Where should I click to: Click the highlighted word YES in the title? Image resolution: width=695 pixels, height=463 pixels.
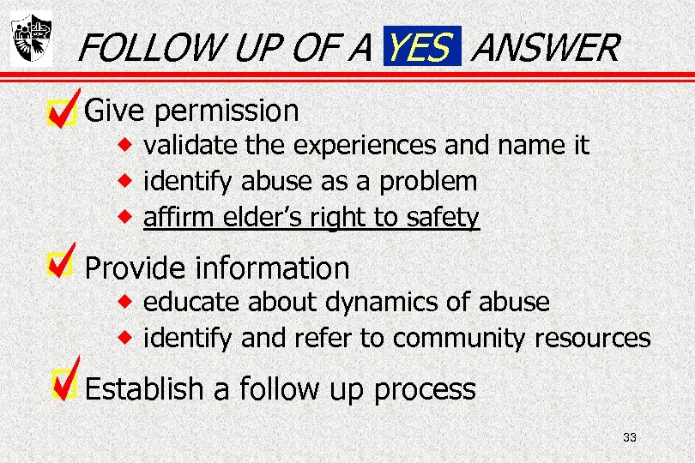tap(418, 47)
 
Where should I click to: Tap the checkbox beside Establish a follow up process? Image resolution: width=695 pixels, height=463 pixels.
tap(62, 387)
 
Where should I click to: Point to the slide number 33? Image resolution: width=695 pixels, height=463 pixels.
tap(630, 438)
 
